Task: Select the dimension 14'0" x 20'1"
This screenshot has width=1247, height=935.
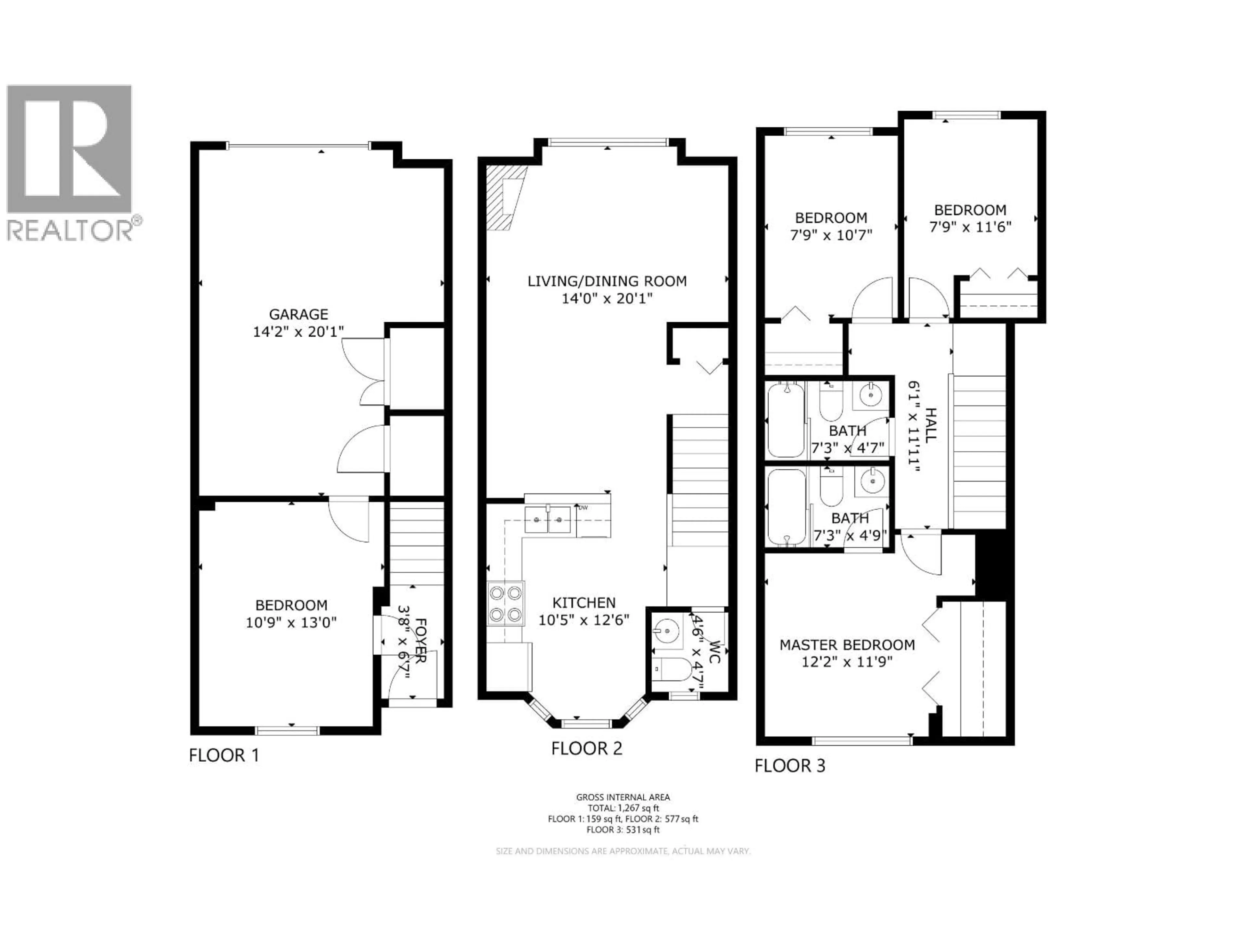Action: pos(607,298)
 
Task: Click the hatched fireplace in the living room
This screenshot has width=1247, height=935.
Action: pos(506,197)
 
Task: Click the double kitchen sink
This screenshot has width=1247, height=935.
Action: pos(548,519)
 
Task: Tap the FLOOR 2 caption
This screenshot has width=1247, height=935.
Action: pos(586,748)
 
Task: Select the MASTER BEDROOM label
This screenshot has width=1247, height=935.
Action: pos(847,645)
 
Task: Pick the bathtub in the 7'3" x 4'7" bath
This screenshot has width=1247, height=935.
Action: pos(786,419)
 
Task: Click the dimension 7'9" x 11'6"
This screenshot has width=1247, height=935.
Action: pos(970,227)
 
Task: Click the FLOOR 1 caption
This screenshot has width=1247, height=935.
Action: pos(224,755)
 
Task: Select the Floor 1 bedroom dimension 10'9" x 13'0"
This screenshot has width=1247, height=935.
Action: pos(291,623)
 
